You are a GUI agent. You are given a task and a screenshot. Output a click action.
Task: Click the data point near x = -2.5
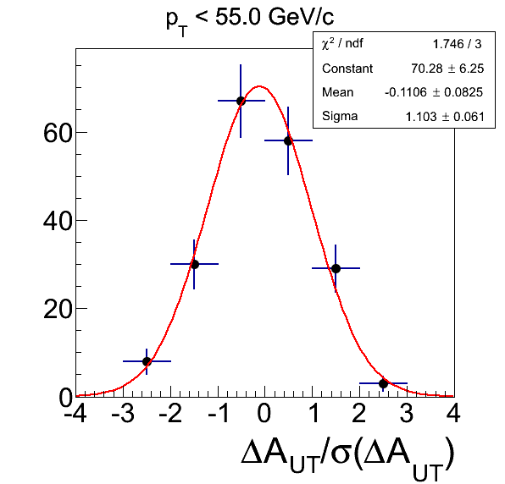click(147, 361)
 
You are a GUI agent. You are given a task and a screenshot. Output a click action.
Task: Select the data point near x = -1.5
click(194, 264)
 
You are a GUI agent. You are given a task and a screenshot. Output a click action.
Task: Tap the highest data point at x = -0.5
click(241, 101)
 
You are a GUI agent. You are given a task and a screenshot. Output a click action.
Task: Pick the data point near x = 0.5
click(288, 140)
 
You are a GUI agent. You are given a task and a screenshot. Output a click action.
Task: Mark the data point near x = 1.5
click(336, 268)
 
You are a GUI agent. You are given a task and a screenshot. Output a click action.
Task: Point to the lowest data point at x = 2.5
click(383, 383)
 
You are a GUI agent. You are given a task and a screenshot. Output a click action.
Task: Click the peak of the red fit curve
click(259, 86)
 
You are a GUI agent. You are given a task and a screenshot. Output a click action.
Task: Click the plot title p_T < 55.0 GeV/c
click(250, 21)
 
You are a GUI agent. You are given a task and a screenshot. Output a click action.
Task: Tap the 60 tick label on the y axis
click(57, 133)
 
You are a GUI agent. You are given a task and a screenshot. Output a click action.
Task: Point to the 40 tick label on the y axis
click(57, 221)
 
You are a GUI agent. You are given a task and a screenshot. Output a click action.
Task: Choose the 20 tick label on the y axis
click(57, 309)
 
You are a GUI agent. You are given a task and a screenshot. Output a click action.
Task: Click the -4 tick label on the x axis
click(75, 413)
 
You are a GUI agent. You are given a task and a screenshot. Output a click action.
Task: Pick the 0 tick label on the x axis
click(264, 413)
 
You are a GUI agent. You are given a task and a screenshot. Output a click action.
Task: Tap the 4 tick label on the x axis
click(453, 413)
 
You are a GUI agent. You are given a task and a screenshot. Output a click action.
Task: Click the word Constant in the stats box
click(347, 69)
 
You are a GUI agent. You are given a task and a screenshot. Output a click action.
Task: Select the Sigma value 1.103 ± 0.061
click(445, 117)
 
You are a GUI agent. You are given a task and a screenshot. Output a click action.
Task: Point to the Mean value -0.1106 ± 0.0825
click(434, 92)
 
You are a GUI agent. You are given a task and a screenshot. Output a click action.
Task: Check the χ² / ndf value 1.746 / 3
click(457, 44)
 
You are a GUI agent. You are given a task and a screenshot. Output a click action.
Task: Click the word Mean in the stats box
click(337, 92)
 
